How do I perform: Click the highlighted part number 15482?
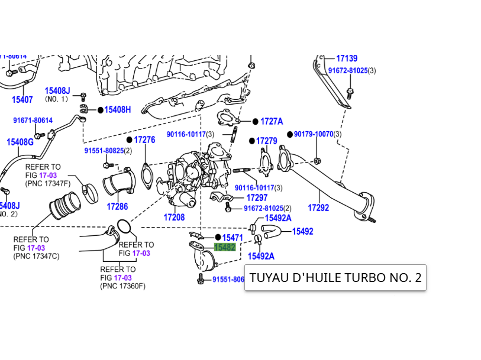225,248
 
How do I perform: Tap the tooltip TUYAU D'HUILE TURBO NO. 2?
335,277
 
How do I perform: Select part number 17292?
318,208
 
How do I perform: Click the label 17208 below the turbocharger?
174,218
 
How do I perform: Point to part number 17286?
117,207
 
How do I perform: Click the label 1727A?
272,121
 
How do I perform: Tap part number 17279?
267,141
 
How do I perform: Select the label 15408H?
118,110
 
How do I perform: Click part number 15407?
22,99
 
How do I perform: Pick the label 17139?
347,59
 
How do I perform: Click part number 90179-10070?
314,134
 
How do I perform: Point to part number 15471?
233,237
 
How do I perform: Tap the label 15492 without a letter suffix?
302,231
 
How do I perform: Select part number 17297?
257,198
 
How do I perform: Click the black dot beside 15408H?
100,110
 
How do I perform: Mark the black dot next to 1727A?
255,121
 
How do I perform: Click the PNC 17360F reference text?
122,286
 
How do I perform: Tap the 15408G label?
20,142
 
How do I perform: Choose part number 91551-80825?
104,151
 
